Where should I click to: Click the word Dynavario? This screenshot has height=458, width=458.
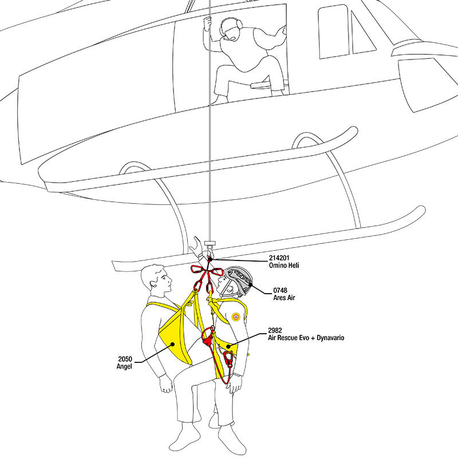(x=329, y=338)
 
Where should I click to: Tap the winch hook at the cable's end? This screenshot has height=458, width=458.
(x=210, y=252)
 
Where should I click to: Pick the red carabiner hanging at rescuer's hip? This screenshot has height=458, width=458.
(x=229, y=360)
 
